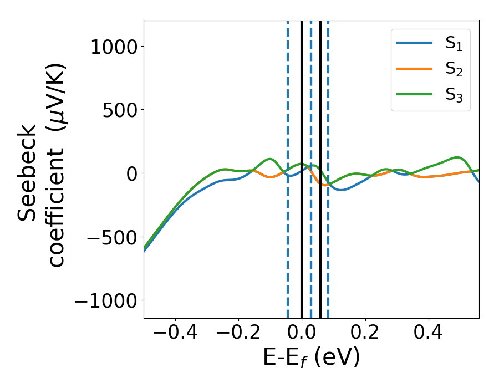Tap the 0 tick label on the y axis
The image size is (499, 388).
131,173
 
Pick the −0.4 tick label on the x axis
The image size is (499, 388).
175,334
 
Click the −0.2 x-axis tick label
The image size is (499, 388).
238,334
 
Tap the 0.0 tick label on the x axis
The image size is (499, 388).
302,334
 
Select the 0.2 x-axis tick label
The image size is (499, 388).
365,334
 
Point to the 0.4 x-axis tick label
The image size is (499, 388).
428,334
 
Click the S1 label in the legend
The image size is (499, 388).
454,45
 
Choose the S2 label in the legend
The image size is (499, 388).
454,70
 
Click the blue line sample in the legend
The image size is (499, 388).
415,44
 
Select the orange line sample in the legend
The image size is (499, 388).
415,69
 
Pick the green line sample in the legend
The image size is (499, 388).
415,94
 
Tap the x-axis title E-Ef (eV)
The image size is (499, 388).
311,358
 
